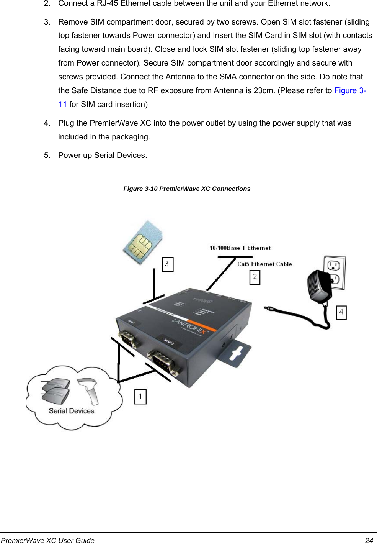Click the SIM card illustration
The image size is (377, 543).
(x=142, y=243)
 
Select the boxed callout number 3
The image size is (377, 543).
(x=167, y=264)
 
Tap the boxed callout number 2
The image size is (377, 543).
(x=255, y=277)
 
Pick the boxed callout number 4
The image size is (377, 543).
(x=341, y=312)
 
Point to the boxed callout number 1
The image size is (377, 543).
(x=140, y=397)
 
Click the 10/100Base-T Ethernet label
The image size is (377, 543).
(x=240, y=248)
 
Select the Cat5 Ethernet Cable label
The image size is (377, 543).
(x=264, y=264)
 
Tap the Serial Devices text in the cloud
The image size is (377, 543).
(x=72, y=411)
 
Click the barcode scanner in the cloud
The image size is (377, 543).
(x=89, y=390)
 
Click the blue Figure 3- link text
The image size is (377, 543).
(x=350, y=90)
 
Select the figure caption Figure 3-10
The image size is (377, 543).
(x=187, y=189)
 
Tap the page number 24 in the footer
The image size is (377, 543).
(x=369, y=540)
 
